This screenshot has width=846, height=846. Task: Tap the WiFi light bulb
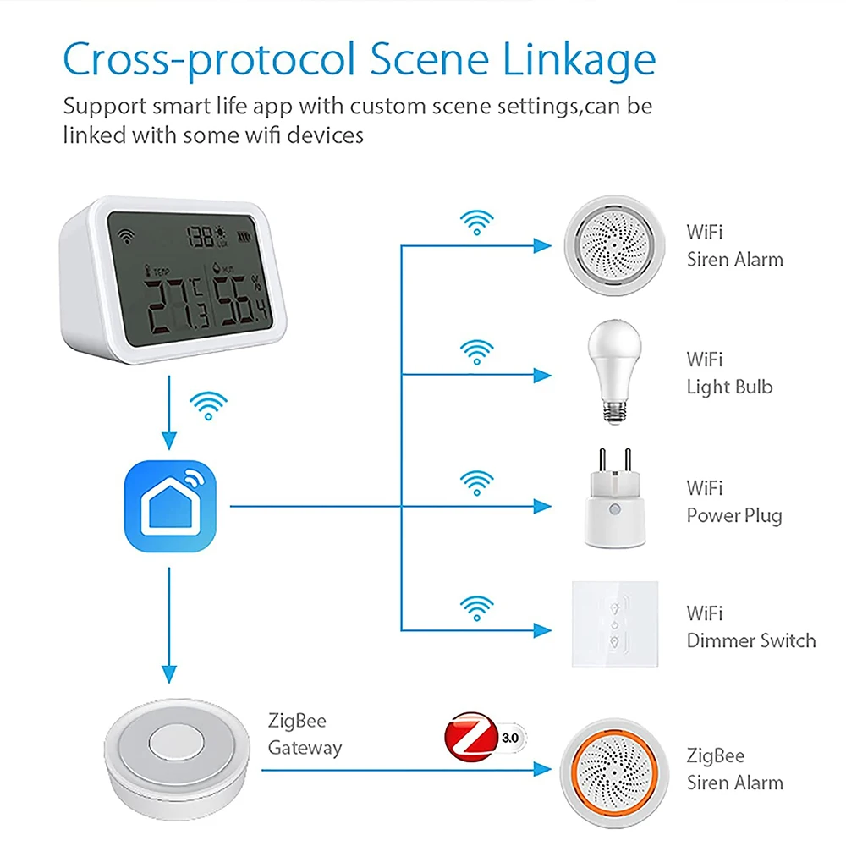coord(611,372)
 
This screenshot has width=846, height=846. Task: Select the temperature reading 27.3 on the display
coord(173,308)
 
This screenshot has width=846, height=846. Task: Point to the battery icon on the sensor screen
coord(245,237)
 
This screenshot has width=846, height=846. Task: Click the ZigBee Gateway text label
coord(305,734)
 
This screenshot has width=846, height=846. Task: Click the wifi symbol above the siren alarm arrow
coord(476,222)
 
